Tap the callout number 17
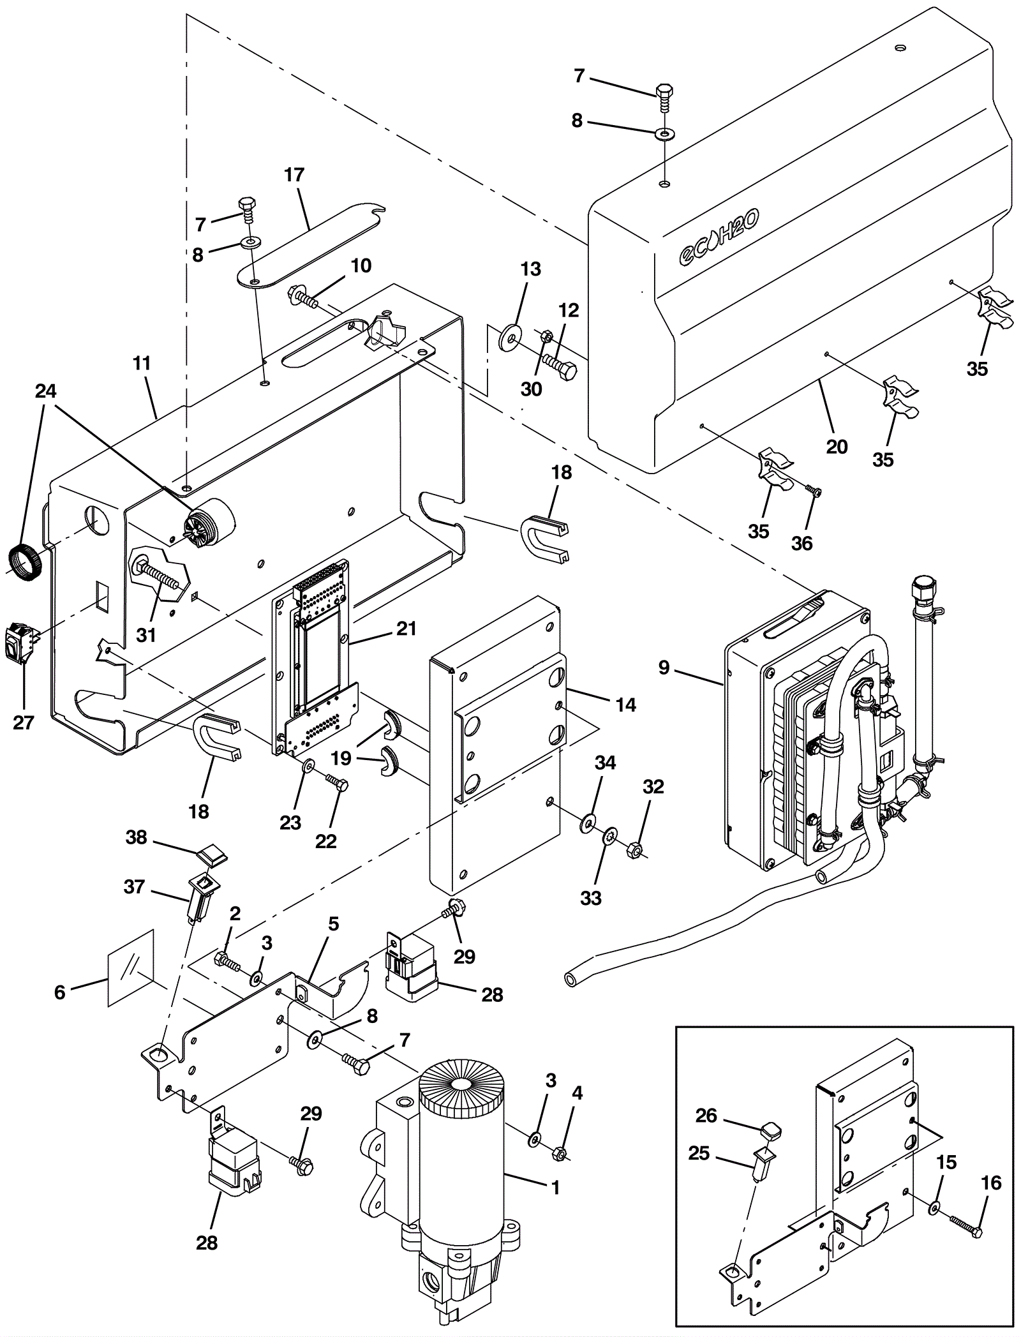pos(294,175)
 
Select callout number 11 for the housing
pos(142,364)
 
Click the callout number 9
pos(664,668)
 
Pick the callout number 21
pos(406,629)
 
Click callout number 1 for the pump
pos(555,1187)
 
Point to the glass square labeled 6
pos(131,967)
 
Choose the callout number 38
pos(136,838)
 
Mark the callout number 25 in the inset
pos(699,1154)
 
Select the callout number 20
pos(837,446)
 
